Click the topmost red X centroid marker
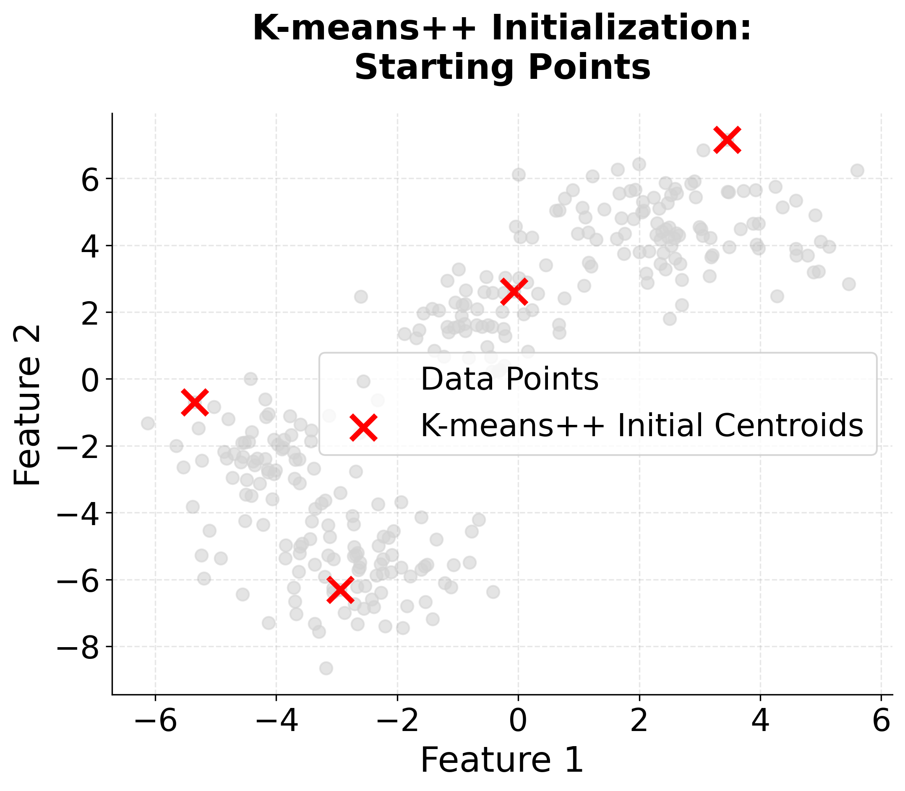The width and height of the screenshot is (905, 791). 727,140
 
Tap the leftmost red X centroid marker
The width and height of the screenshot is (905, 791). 195,402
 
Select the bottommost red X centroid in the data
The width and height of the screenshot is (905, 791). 340,590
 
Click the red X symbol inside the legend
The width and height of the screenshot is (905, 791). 363,427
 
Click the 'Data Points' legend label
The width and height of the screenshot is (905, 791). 509,379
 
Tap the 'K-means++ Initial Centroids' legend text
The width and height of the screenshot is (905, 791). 642,426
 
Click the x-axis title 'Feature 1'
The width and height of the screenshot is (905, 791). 502,760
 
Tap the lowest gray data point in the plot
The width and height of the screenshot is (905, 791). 326,668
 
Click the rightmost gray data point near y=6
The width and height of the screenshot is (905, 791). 857,170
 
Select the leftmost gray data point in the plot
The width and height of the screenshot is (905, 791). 148,423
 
